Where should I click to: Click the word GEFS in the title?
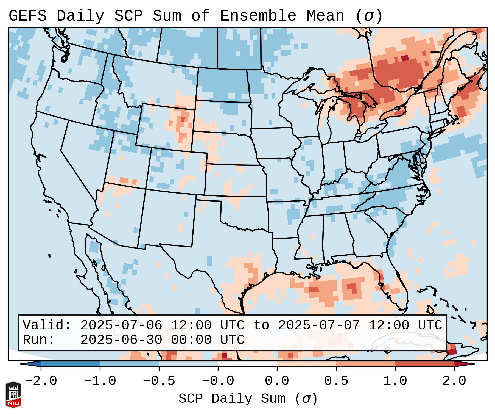[x=27, y=16]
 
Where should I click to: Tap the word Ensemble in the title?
[x=258, y=16]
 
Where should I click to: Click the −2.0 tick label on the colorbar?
[x=41, y=381]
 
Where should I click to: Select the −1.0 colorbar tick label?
[x=100, y=381]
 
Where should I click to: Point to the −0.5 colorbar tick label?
[x=159, y=381]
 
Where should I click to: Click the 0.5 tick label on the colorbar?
[x=336, y=381]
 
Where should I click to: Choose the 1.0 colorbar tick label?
[x=395, y=381]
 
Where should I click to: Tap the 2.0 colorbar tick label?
[x=454, y=381]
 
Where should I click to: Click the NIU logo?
[x=13, y=394]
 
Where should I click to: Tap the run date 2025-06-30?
[x=121, y=340]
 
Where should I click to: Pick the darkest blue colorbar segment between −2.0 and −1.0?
[x=70, y=364]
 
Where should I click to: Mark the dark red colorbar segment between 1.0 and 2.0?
[x=425, y=364]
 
